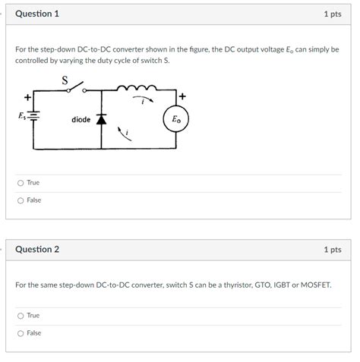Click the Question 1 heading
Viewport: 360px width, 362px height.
pyautogui.click(x=37, y=14)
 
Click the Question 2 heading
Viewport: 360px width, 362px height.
pyautogui.click(x=37, y=249)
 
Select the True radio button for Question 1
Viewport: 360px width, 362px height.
pyautogui.click(x=21, y=183)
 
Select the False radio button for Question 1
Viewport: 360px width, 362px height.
pyautogui.click(x=21, y=200)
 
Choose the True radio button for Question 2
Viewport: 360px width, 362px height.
pyautogui.click(x=21, y=316)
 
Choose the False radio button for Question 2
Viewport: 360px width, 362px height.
pyautogui.click(x=21, y=333)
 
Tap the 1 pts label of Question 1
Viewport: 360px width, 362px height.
pyautogui.click(x=331, y=14)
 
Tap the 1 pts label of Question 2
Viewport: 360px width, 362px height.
pyautogui.click(x=331, y=249)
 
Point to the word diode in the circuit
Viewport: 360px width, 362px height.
pyautogui.click(x=81, y=120)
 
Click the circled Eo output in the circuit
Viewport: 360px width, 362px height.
pyautogui.click(x=176, y=120)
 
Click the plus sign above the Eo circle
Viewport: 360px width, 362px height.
pyautogui.click(x=182, y=96)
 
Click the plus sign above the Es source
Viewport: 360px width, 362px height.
pyautogui.click(x=27, y=97)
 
